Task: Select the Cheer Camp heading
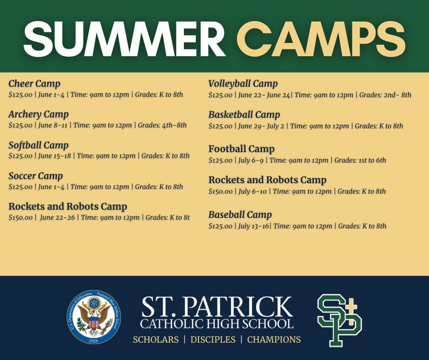[34, 84]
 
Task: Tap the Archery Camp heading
[38, 114]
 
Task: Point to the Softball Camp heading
[38, 145]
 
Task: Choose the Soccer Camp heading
[36, 176]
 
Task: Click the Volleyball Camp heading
[243, 84]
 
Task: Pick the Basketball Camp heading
[244, 115]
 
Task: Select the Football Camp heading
[241, 149]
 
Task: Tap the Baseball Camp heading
[240, 215]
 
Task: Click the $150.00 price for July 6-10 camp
[220, 191]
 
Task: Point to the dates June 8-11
[52, 125]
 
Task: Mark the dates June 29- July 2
[261, 126]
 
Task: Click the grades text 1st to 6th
[372, 160]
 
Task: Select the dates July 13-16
[254, 226]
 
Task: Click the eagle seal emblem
[94, 317]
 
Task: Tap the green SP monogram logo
[339, 320]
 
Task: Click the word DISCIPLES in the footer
[213, 340]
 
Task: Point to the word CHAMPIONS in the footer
[274, 340]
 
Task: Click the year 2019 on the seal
[94, 340]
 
